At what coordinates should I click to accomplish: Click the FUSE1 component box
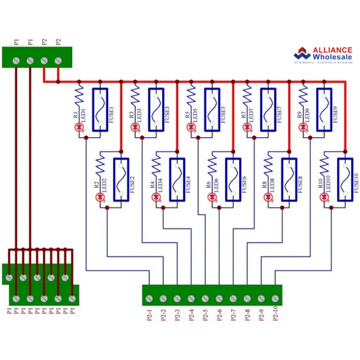[101, 109]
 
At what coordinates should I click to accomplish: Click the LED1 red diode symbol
[79, 127]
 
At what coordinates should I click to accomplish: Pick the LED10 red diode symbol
[325, 197]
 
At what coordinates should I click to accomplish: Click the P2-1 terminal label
[150, 316]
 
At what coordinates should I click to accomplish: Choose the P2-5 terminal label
[205, 316]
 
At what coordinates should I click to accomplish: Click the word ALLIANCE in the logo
[323, 49]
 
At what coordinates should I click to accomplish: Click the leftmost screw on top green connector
[16, 60]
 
